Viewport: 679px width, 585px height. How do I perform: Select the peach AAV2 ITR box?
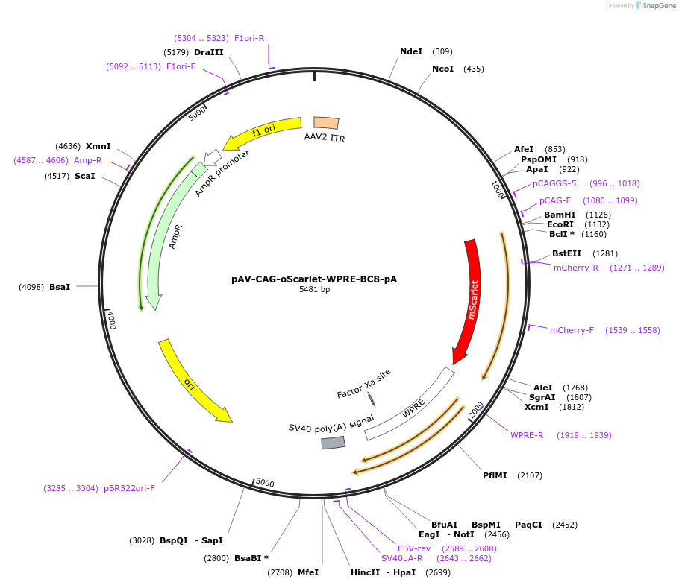326,124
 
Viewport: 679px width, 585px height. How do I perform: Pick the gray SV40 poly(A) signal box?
334,443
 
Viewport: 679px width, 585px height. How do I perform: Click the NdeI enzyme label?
411,51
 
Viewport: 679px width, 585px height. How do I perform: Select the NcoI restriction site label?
442,69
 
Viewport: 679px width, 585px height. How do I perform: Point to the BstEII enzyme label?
566,253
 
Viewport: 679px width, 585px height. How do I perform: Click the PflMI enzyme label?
495,475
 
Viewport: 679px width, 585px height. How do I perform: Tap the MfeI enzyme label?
308,572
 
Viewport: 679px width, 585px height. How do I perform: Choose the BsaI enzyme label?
60,286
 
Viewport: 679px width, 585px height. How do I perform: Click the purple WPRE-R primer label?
527,435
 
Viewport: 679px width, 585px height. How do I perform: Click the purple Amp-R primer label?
88,160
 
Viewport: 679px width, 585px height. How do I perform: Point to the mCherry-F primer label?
572,330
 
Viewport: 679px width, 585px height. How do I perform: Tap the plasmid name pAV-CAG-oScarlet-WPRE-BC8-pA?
314,279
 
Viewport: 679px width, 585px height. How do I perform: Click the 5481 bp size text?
314,290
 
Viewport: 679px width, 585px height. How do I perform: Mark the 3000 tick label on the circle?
265,483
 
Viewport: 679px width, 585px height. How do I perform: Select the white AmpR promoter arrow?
213,156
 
